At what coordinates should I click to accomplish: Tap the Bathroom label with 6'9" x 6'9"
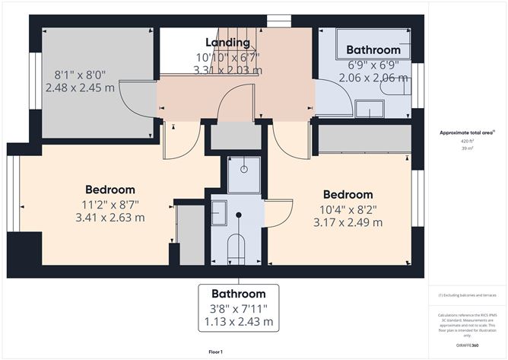[373, 50]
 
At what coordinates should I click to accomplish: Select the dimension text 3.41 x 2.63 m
[110, 217]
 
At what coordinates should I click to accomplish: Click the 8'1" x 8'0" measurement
[80, 75]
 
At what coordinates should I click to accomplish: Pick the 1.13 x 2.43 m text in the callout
[238, 322]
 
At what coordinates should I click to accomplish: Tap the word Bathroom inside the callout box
[238, 294]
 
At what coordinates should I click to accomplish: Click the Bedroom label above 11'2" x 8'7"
[110, 190]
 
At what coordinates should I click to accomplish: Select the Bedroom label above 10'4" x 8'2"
[348, 194]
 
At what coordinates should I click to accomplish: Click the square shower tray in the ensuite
[244, 174]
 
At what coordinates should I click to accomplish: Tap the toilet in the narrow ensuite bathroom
[237, 249]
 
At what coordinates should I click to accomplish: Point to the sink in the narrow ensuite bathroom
[219, 212]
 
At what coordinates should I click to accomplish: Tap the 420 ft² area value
[466, 142]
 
